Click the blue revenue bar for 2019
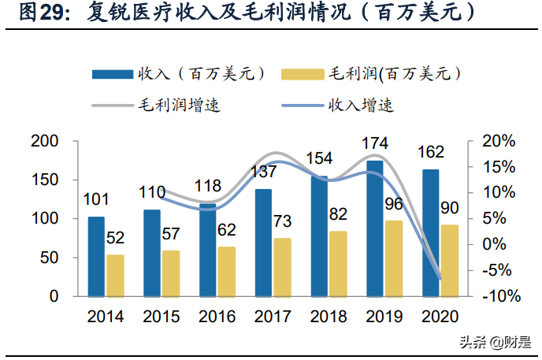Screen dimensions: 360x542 [x=375, y=228]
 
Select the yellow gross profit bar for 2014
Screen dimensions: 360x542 [x=115, y=275]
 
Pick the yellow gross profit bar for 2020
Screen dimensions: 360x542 [x=450, y=261]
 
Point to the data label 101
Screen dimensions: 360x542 [x=95, y=200]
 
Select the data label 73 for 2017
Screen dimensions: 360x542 [x=283, y=221]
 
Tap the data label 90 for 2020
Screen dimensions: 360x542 [x=450, y=209]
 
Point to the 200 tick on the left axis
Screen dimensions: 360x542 [x=44, y=141]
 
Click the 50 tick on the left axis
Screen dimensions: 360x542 [x=49, y=258]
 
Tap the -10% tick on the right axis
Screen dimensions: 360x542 [x=498, y=297]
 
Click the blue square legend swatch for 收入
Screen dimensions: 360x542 [x=113, y=73]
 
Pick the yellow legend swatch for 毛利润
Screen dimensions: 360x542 [x=302, y=73]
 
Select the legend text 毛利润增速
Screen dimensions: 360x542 [x=179, y=105]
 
